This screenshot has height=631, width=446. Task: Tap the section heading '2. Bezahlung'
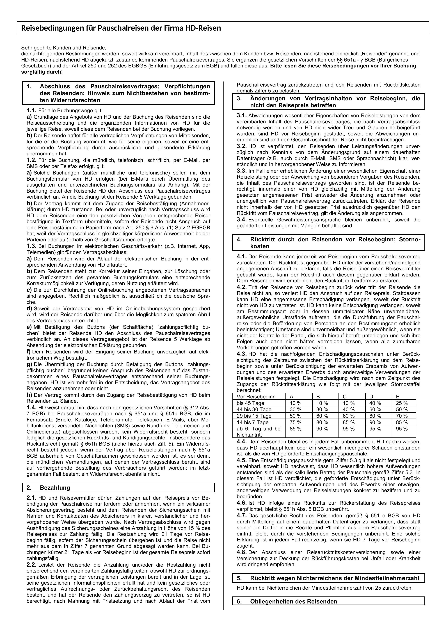click(x=55, y=487)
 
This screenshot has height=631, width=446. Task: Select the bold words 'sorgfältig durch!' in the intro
click(x=42, y=72)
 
